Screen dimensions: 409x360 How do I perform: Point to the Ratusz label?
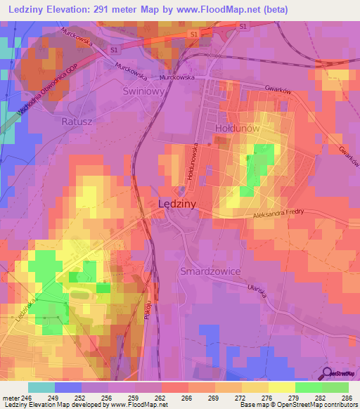click(x=78, y=120)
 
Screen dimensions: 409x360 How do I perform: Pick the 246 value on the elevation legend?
click(x=27, y=398)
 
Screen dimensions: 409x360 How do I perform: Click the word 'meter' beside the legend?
click(x=10, y=398)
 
